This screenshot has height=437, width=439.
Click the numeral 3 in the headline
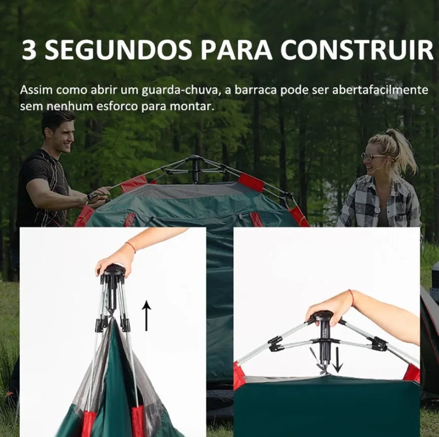29,49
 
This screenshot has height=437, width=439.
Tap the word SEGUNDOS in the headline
119,49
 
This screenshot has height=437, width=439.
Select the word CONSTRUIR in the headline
357,49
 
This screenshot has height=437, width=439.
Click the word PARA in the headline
236,49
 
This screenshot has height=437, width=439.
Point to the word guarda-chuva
180,91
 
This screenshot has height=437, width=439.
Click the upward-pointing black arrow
146,316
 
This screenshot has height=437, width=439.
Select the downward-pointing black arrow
338,361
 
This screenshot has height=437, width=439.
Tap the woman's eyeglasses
373,157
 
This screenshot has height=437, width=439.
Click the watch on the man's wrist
90,197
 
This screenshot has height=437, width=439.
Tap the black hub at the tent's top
196,168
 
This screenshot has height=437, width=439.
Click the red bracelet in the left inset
131,247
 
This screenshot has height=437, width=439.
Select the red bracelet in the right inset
352,298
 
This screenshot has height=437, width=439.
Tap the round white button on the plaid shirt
378,210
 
